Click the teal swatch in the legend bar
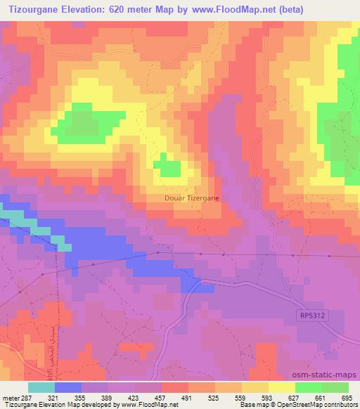tap(41, 387)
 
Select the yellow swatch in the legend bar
tap(281, 387)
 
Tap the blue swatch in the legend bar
tap(68, 387)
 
